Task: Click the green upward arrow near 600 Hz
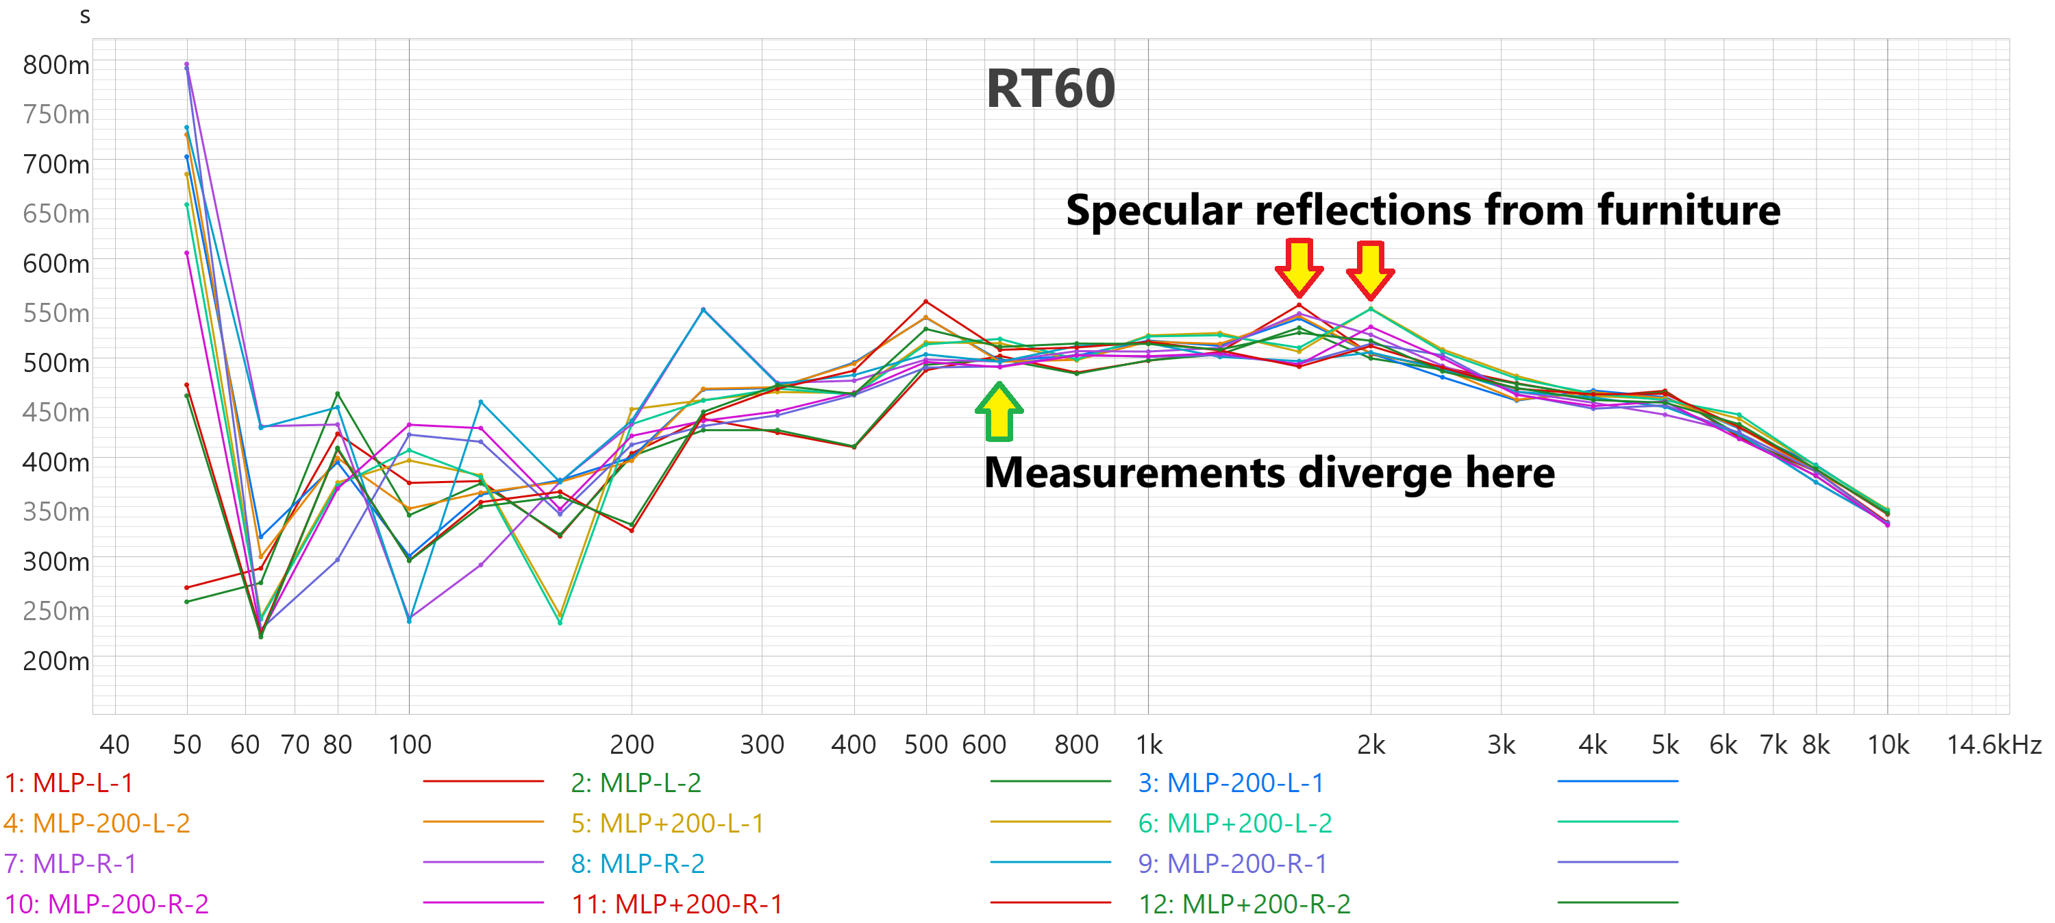point(999,412)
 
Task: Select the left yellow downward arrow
point(1299,267)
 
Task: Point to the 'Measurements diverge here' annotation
point(1269,472)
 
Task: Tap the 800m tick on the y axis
point(56,64)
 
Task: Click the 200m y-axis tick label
point(56,661)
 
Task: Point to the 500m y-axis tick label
point(56,363)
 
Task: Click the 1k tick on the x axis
point(1149,744)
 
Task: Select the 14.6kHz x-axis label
point(1993,744)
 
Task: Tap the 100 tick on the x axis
point(409,744)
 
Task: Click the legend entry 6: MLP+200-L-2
point(1234,822)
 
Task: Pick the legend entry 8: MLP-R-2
point(638,863)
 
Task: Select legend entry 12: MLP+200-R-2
point(1244,904)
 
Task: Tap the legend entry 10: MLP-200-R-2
point(107,904)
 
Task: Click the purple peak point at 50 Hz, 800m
point(187,64)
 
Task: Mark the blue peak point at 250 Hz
point(703,310)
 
